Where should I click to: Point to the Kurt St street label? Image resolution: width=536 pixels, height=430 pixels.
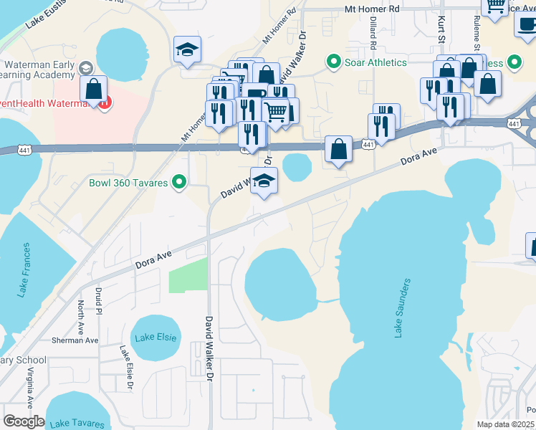[442, 31]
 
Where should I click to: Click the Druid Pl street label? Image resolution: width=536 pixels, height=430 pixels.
[98, 302]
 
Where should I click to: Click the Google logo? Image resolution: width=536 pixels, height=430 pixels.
[24, 421]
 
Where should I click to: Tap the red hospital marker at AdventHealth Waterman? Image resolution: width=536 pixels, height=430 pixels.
[104, 102]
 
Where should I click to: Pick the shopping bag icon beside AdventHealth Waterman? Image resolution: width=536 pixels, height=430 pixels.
[93, 90]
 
